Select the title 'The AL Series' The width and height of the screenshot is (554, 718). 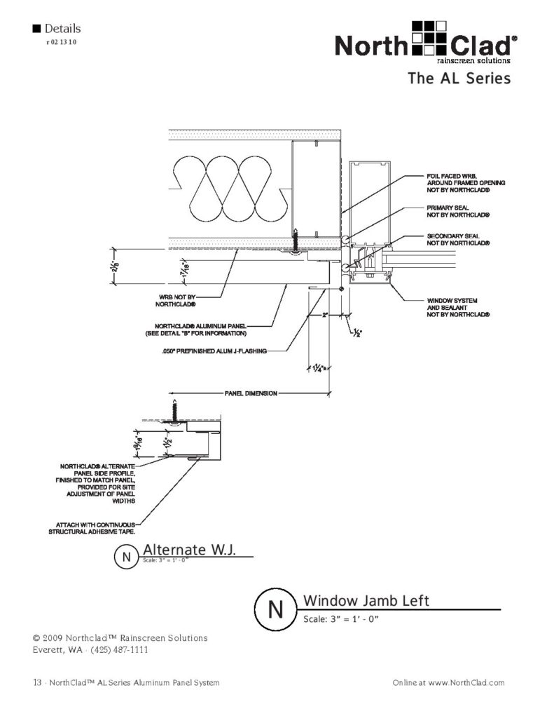pos(459,79)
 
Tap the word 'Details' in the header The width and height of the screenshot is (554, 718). pos(62,29)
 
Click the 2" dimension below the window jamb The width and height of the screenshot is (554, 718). pos(326,315)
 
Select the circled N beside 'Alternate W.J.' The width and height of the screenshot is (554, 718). pos(126,557)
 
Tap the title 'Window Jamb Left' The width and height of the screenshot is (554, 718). pos(366,600)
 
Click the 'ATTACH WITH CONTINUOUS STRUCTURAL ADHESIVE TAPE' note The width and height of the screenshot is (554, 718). pos(91,528)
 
